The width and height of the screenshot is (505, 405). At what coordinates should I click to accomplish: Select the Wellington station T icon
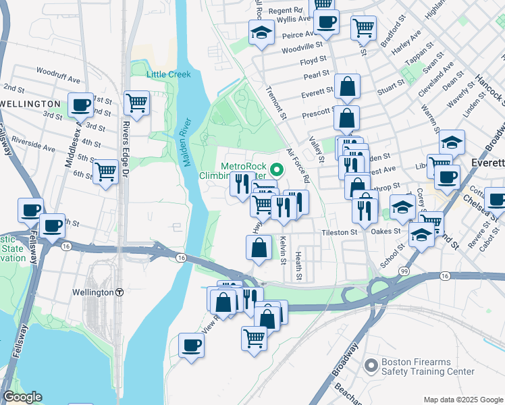click(x=119, y=293)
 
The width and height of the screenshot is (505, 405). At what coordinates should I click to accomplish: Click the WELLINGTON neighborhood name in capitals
click(x=31, y=103)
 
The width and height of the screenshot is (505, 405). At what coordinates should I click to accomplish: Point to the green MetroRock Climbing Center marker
click(x=275, y=169)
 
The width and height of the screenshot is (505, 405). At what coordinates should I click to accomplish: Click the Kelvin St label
click(x=283, y=250)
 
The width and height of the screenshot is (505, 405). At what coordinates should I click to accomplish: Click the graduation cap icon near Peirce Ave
click(x=261, y=32)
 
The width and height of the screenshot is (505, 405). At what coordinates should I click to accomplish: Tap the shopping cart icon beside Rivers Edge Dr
click(x=136, y=103)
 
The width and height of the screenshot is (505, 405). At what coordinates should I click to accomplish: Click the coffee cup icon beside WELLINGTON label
click(x=81, y=104)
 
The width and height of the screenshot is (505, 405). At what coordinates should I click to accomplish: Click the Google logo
click(x=22, y=398)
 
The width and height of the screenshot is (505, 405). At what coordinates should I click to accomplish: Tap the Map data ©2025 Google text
click(x=462, y=399)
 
